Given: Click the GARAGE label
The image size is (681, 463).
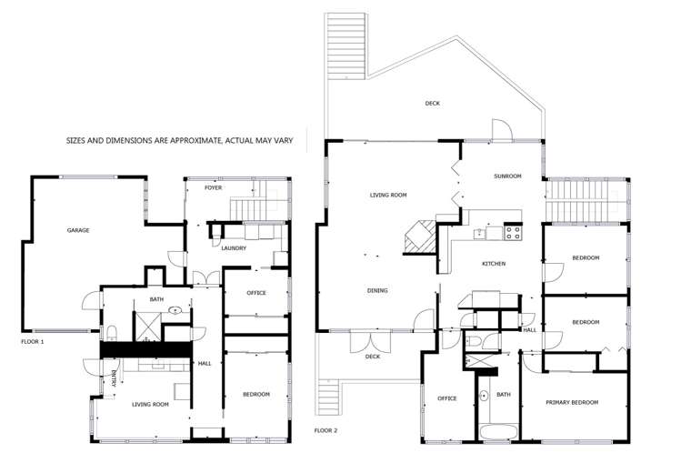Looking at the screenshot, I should click(x=77, y=231).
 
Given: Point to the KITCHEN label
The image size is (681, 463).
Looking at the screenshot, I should click(x=493, y=264).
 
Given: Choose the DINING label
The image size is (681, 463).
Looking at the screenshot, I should click(x=377, y=291).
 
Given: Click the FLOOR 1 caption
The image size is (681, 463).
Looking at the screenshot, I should click(x=33, y=341).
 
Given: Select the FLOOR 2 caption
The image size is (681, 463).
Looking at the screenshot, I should click(x=325, y=429).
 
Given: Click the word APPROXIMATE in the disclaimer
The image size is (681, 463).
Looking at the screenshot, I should click(x=186, y=142).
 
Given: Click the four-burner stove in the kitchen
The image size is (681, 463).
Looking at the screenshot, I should click(x=512, y=232).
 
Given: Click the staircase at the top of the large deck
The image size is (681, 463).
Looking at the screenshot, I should click(x=346, y=45).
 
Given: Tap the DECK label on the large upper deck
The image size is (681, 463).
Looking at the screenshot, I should click(x=432, y=104).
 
